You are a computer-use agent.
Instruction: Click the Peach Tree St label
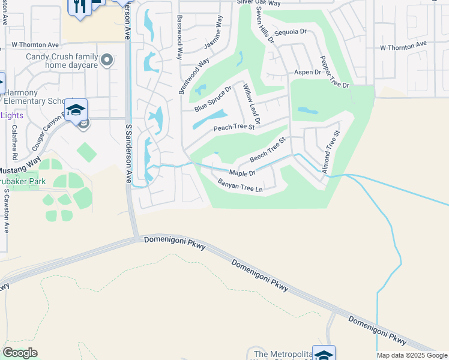click(x=235, y=128)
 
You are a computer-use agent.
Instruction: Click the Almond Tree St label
click(x=331, y=152)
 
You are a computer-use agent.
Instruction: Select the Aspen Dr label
click(x=308, y=73)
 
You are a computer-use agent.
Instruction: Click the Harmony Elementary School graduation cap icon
click(x=76, y=110)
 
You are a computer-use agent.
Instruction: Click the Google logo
click(x=20, y=353)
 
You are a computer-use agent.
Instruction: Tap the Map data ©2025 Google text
click(x=412, y=355)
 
